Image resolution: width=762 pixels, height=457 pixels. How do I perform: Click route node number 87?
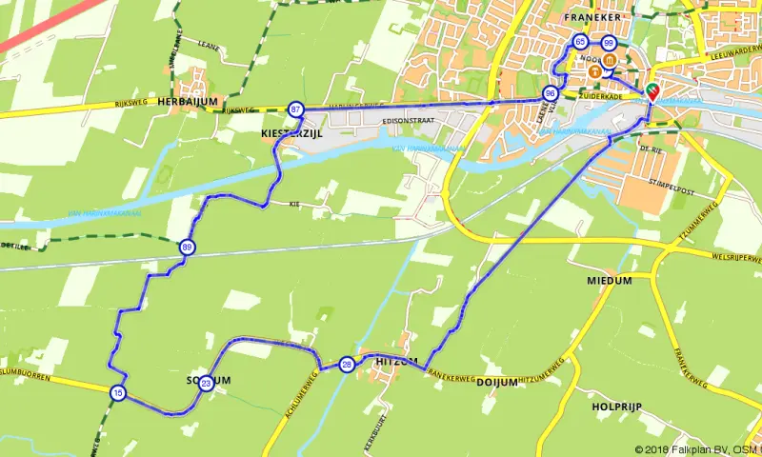pos(296,109)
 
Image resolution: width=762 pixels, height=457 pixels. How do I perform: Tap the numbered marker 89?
pos(187,248)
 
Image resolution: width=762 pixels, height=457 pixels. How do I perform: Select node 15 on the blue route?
pos(117,392)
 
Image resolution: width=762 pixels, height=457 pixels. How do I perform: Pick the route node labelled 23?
pos(207,384)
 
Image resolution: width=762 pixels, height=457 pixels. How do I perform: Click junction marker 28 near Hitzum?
pos(347,365)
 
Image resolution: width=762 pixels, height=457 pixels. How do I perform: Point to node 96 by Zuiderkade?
pos(550,93)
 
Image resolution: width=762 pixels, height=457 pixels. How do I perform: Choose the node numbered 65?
pos(580,43)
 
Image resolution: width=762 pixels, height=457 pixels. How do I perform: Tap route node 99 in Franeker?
pos(608,43)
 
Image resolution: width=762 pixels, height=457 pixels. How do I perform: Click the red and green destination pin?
pos(652,91)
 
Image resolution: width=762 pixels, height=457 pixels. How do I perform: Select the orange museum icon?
pos(594,71)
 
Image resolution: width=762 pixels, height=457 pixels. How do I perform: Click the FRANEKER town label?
pos(592,17)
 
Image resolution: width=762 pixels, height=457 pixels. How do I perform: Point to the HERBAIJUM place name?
pos(189,100)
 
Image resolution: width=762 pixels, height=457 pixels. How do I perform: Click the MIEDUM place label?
pos(610,281)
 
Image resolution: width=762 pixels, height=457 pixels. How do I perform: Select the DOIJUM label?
pos(496,382)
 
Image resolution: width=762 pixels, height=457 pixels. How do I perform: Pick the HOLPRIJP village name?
pos(615,407)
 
